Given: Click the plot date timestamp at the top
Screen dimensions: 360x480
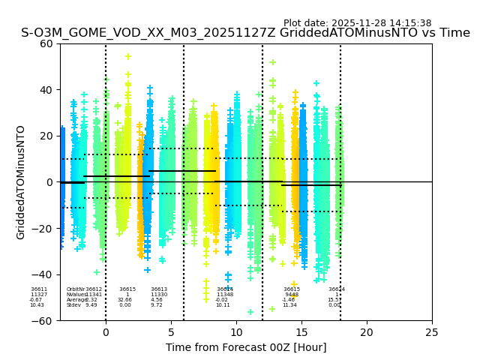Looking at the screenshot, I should pos(357,23).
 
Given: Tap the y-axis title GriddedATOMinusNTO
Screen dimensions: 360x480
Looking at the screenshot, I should pos(21,182).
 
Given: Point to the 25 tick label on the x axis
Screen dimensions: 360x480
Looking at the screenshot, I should pos(432,332).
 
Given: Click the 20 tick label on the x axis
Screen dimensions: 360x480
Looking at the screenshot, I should pos(367,332).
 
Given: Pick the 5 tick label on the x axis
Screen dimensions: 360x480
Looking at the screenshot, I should pos(171,332).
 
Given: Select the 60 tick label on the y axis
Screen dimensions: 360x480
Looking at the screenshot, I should pos(46,43).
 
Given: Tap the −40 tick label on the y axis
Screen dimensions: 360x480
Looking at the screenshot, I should pos(43,274).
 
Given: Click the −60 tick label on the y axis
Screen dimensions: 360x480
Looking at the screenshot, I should pos(43,320).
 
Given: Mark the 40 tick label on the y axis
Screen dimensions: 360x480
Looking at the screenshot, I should pos(46,90).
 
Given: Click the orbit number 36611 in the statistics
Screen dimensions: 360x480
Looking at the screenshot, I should pos(39,289).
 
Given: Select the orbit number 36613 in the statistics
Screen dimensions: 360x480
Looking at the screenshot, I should pos(159,289).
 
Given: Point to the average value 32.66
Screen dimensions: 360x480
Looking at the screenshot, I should pos(124,300).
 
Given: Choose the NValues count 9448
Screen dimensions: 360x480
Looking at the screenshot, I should pos(292,295).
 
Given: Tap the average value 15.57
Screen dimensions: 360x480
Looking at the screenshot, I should pos(334,300).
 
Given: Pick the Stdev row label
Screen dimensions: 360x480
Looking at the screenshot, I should pos(73,305).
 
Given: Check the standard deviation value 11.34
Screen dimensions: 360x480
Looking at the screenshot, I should pos(289,305).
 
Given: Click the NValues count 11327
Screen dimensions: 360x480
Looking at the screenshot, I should pos(39,295).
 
